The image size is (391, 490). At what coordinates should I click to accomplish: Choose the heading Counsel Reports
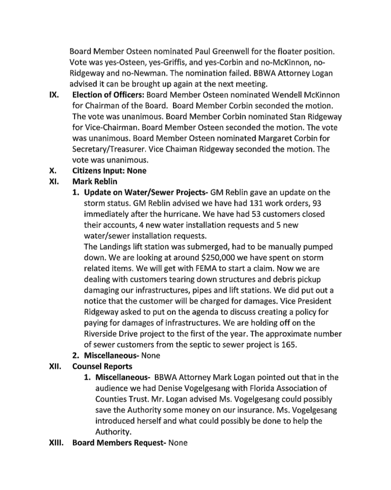click(102, 367)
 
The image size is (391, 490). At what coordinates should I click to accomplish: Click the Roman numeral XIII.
click(57, 443)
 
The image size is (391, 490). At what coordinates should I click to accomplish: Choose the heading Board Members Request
click(119, 443)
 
